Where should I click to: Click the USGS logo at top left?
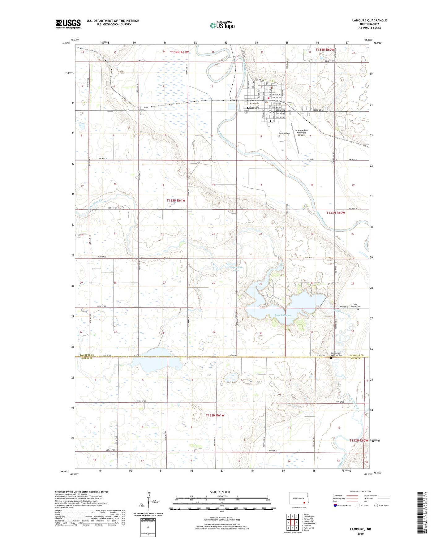coord(68,24)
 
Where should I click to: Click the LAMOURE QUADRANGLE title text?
coord(369,20)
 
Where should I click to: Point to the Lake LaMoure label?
coord(283,315)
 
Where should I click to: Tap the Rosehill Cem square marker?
coord(279,136)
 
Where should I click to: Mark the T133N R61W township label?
coord(176,200)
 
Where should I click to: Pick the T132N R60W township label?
coord(359,440)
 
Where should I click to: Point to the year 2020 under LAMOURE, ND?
coord(360,534)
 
